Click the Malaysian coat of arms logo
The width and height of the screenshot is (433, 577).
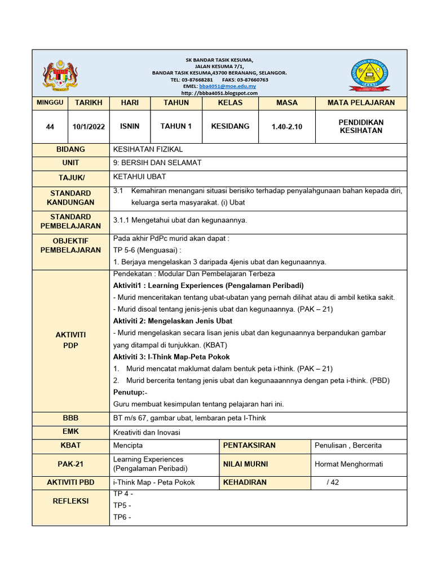pos(58,75)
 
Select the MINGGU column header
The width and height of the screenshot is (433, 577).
pos(50,103)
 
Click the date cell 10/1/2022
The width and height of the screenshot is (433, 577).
pos(89,127)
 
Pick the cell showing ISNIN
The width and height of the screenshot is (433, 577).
pos(130,126)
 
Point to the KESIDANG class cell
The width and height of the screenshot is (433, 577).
pos(230,126)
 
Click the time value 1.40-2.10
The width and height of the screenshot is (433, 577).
pos(286,127)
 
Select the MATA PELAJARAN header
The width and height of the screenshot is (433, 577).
pos(361,103)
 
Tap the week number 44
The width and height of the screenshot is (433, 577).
pos(50,127)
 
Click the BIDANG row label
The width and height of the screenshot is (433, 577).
pos(70,149)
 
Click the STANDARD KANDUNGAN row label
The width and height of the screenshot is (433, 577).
pos(70,198)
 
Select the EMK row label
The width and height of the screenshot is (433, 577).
pos(70,432)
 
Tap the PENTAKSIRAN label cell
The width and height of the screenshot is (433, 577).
pos(249,446)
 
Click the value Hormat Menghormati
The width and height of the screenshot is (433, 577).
pos(349,464)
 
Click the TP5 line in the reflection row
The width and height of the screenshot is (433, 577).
pos(122,505)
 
